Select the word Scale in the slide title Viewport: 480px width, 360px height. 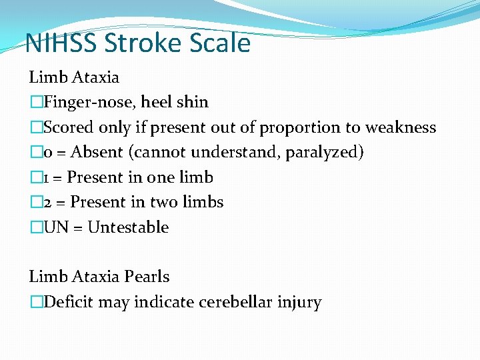[x=219, y=43]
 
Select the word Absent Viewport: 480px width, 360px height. [x=99, y=152]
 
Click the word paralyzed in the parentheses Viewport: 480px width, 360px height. [x=324, y=152]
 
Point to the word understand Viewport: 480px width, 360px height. [x=236, y=152]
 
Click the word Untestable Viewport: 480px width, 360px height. [x=128, y=227]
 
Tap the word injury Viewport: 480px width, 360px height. [x=299, y=302]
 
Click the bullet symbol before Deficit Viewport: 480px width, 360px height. [x=36, y=302]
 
